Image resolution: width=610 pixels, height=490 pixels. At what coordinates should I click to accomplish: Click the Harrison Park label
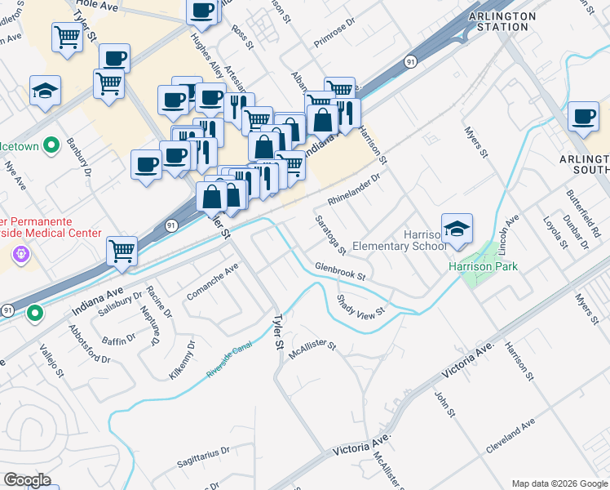point(483,266)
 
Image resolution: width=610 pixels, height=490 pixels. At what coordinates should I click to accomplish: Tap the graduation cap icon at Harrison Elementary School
point(457,230)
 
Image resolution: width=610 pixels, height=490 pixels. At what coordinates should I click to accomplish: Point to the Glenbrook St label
point(339,270)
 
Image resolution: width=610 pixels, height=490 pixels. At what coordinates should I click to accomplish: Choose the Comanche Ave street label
point(213,281)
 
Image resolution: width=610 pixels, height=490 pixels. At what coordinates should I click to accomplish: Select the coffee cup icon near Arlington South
point(583,116)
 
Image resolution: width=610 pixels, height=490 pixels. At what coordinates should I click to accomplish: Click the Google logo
point(27,480)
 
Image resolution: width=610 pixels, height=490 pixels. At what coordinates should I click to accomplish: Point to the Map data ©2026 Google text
point(559,483)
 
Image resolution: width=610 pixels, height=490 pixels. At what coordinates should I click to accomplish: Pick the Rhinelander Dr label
point(354,189)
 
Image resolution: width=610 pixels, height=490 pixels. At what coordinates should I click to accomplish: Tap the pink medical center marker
point(21,255)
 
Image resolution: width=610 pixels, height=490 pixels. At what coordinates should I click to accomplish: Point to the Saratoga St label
point(331,233)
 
